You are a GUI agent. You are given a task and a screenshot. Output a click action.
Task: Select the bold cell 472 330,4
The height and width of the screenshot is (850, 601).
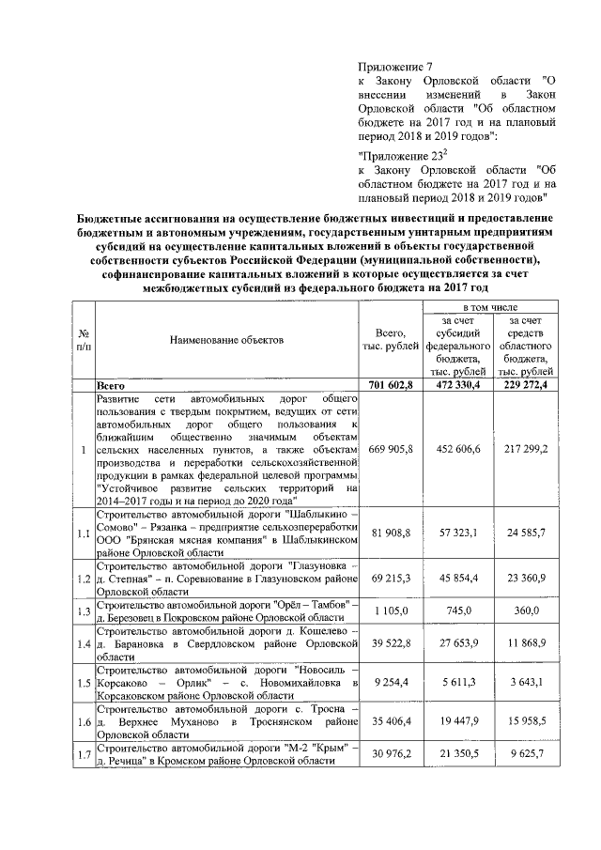click(459, 385)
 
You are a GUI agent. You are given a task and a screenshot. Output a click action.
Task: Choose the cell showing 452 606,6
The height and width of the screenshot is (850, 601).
click(459, 451)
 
